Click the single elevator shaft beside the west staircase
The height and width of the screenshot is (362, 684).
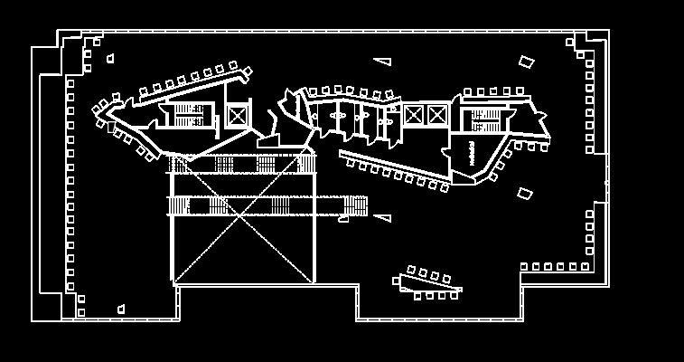point(237,116)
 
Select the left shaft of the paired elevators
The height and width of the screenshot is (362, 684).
point(414,115)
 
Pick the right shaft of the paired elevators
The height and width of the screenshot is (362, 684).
point(437,115)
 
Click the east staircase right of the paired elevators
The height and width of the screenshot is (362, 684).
point(486,119)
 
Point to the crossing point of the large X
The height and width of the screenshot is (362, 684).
point(242,218)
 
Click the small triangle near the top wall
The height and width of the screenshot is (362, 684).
point(383,61)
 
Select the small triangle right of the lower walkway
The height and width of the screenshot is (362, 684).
point(383,217)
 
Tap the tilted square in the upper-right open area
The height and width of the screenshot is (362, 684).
point(526,62)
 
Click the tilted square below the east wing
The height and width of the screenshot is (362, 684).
point(525,193)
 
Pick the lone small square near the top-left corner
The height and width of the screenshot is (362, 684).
point(110,59)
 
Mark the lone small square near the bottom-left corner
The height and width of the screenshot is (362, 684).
point(121,310)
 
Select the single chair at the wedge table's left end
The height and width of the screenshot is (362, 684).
point(397,281)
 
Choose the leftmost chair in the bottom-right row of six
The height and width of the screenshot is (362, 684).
point(525,267)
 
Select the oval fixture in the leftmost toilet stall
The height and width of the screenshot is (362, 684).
point(340,116)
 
